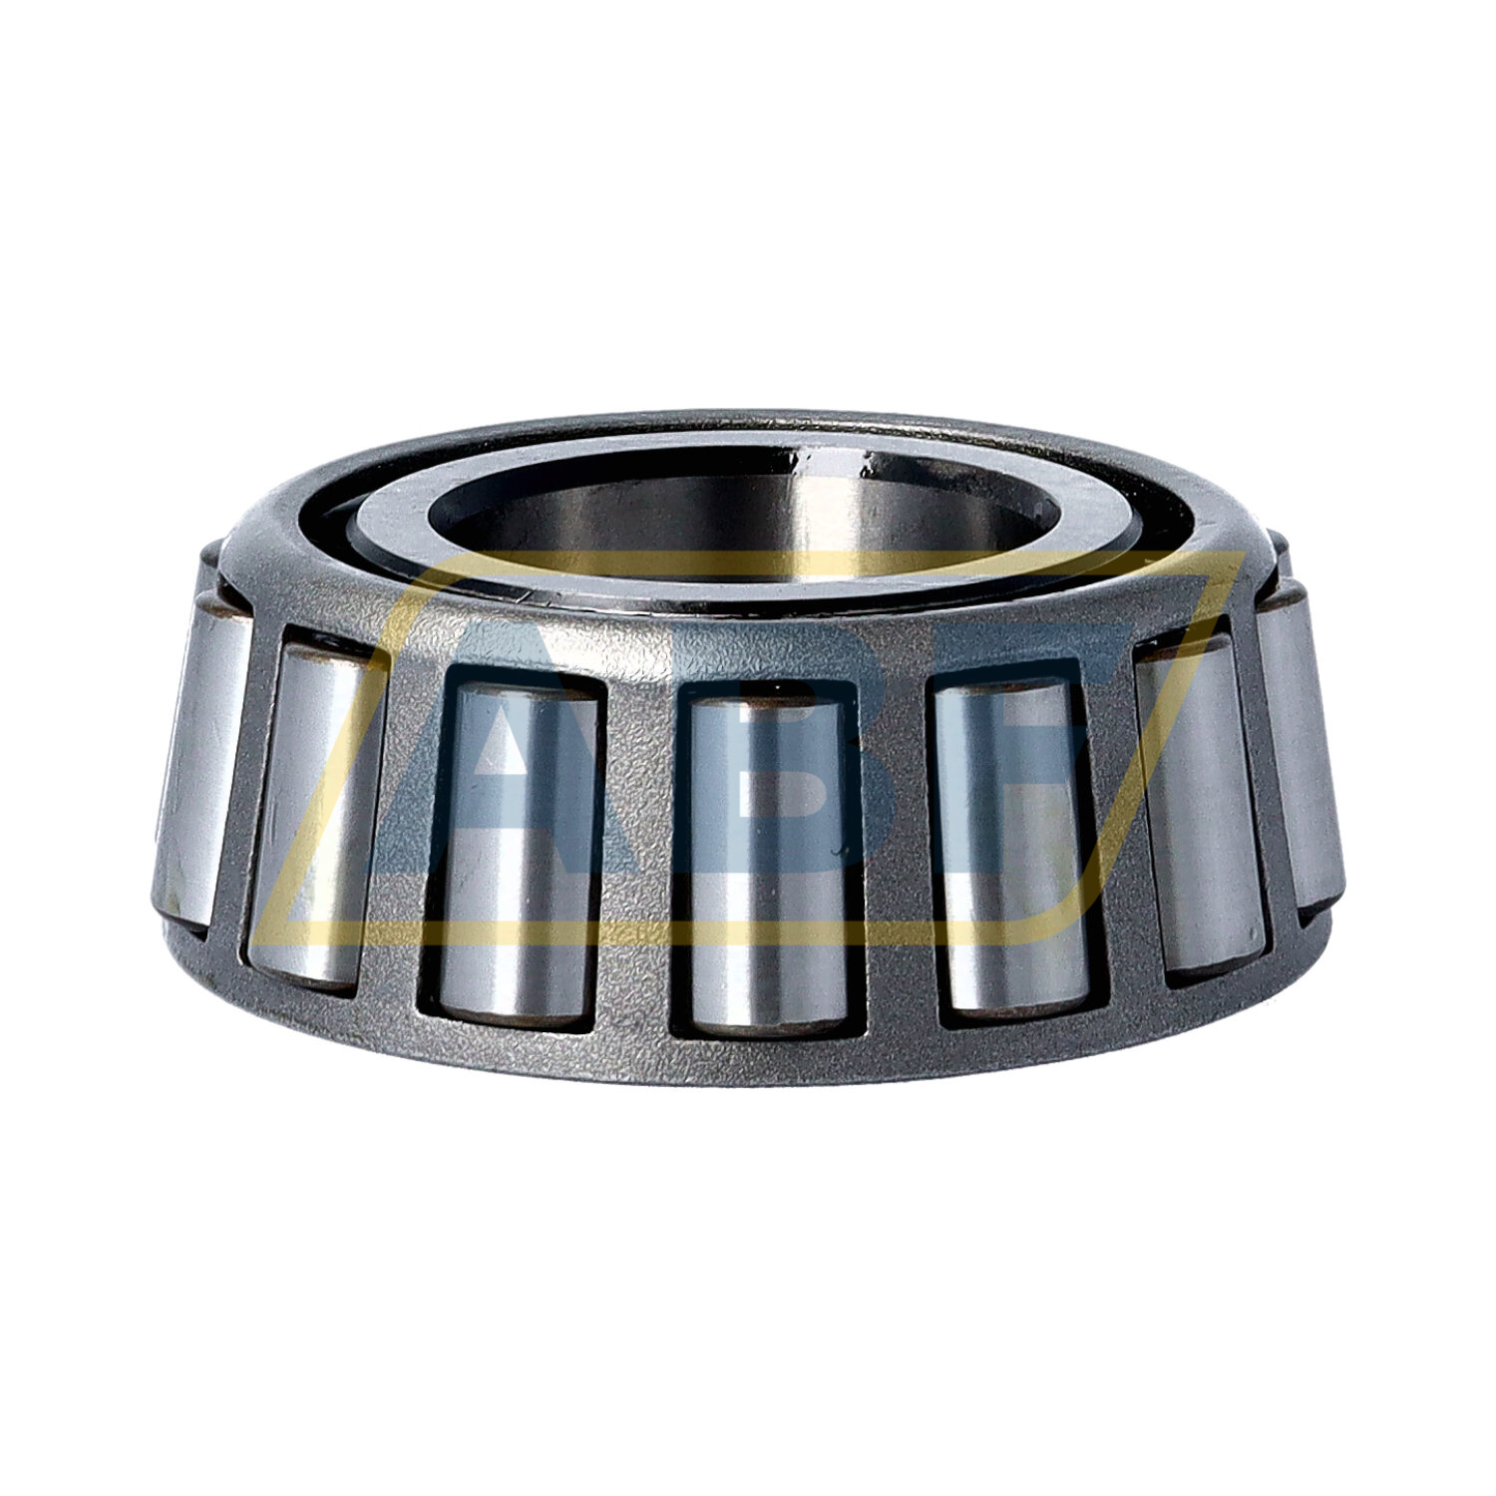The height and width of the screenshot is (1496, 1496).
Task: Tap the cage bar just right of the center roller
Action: click(893, 858)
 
